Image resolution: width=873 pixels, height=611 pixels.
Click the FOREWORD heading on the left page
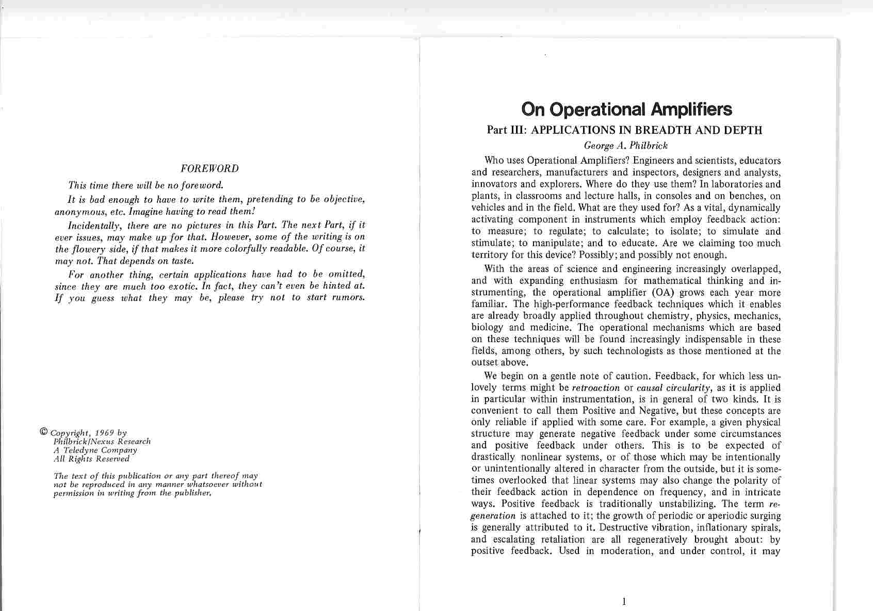click(x=209, y=169)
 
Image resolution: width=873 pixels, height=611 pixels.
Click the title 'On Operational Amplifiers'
click(x=626, y=109)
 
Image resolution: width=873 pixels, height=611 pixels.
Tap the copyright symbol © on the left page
click(x=43, y=432)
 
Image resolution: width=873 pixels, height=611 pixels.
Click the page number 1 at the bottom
click(x=624, y=601)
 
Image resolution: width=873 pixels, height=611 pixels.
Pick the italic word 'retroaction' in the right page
click(x=596, y=388)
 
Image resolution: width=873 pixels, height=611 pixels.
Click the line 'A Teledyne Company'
click(x=95, y=450)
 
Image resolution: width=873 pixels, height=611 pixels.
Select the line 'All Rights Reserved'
click(x=92, y=458)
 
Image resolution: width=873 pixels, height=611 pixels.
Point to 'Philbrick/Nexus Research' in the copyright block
click(x=102, y=442)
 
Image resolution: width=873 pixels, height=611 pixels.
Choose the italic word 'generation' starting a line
click(x=493, y=516)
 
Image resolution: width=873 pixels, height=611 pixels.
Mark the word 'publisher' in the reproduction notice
click(x=194, y=493)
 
